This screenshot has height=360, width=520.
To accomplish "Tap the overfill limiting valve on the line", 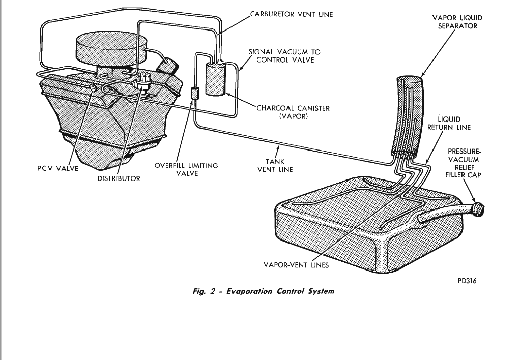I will (193, 94).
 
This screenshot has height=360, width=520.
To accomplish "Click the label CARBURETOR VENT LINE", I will (291, 14).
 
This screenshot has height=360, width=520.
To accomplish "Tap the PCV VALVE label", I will (58, 169).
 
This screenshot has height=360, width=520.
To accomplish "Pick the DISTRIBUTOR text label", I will (119, 178).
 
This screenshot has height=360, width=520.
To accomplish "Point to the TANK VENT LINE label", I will (275, 165).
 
